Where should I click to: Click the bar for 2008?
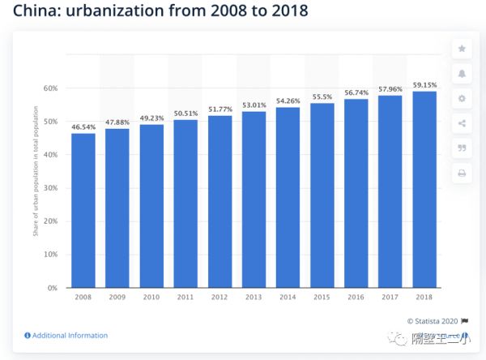83,211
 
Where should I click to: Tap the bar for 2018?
424,190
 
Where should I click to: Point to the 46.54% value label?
83,128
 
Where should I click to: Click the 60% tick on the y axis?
50,88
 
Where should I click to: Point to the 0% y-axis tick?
53,288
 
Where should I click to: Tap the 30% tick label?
50,188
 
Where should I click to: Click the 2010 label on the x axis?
151,298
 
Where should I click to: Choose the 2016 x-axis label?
356,298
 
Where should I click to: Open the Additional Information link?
70,335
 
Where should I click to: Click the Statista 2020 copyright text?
434,321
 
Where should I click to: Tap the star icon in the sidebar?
462,49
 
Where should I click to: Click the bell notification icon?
462,74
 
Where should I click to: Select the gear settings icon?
462,99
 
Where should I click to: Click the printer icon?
462,173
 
